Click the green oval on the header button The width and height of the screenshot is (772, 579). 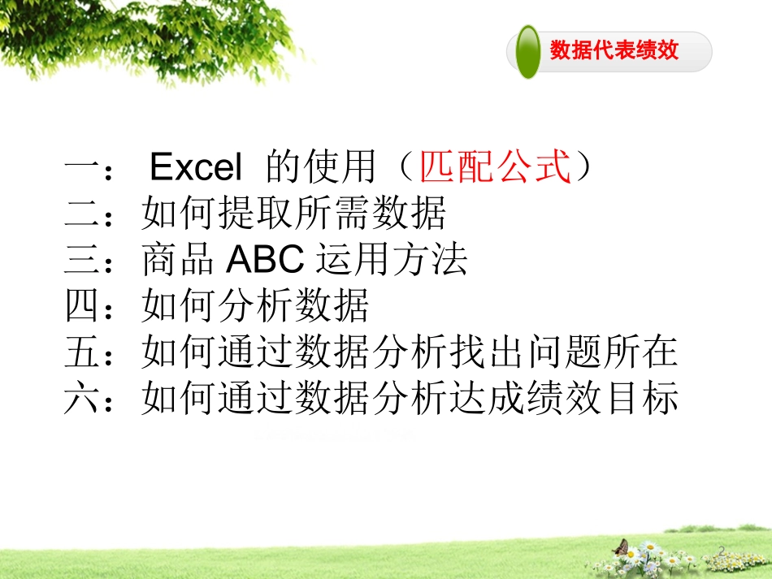[528, 51]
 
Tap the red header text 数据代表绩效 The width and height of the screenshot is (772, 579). [614, 51]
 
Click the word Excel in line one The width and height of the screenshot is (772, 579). [196, 168]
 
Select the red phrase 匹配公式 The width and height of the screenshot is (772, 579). [496, 168]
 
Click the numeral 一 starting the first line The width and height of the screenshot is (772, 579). [81, 168]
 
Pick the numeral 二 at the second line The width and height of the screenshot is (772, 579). [81, 214]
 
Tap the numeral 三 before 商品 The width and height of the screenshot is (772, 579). [81, 260]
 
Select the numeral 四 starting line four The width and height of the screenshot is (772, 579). [81, 306]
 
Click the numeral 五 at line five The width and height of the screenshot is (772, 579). [81, 352]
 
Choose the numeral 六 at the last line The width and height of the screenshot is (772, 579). [81, 399]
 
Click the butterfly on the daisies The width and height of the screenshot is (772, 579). [621, 546]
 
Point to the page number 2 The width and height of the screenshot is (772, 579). [722, 551]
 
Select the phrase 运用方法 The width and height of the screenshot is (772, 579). [390, 260]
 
